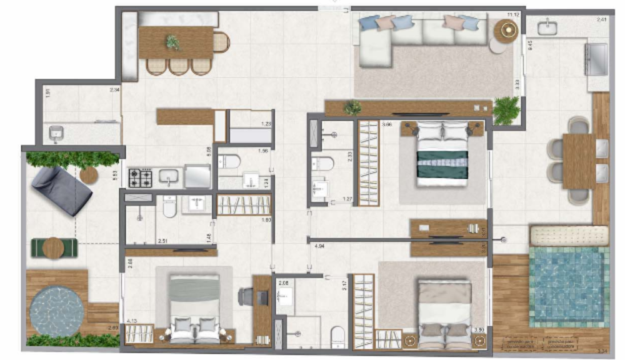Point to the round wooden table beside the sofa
coord(506,30)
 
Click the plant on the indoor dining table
coord(172,42)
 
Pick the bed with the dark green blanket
coord(442,156)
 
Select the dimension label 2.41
coord(602,20)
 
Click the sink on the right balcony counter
coord(547,27)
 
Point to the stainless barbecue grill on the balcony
coord(596,58)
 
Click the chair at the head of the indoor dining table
coord(221,42)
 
